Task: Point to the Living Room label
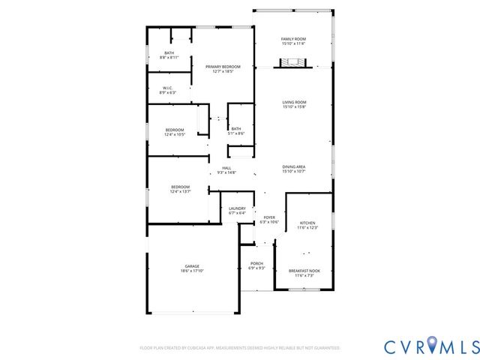(x=293, y=103)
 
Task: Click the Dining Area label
(x=293, y=169)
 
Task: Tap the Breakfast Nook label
(x=304, y=273)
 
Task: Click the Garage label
(x=192, y=266)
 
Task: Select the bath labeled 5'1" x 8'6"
(x=236, y=130)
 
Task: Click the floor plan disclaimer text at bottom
(x=240, y=348)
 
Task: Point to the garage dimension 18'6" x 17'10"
(x=192, y=271)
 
